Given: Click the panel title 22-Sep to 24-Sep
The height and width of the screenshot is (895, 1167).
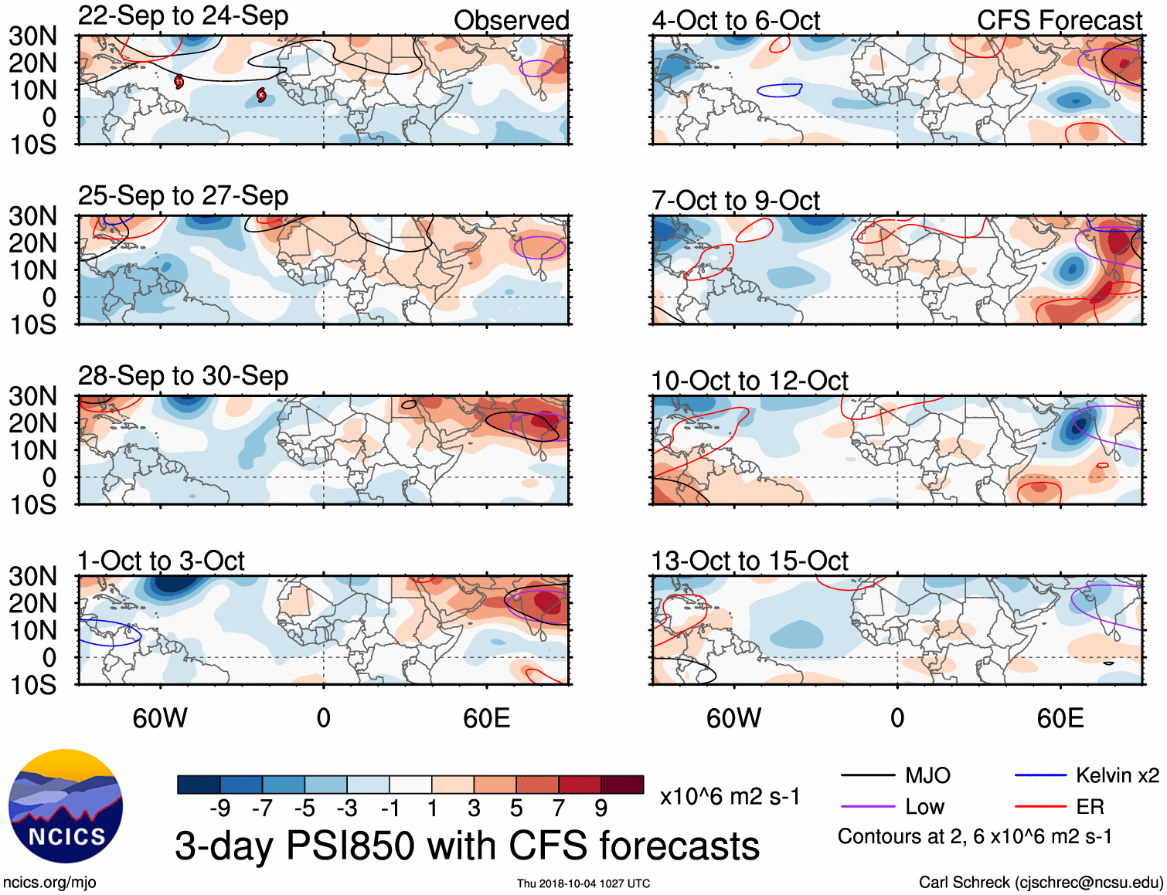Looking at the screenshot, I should pyautogui.click(x=183, y=16).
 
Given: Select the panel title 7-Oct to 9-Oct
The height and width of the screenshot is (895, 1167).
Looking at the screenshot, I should pyautogui.click(x=736, y=201).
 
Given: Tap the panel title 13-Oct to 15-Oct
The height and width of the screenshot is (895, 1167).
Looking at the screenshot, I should pyautogui.click(x=750, y=561).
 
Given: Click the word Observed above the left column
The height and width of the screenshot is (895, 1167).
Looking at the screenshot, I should pyautogui.click(x=511, y=21).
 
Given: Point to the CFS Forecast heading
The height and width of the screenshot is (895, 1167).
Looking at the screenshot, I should pyautogui.click(x=1059, y=21).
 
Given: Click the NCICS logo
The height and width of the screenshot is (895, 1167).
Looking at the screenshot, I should pyautogui.click(x=66, y=806).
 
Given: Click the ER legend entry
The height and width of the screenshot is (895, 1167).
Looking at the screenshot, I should pyautogui.click(x=1090, y=807).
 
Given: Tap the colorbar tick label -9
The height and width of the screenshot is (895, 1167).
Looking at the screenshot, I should pyautogui.click(x=220, y=809).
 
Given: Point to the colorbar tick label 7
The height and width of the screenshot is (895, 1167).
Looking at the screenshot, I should pyautogui.click(x=559, y=809).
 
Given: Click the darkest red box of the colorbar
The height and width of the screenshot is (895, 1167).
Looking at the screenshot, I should pyautogui.click(x=622, y=785).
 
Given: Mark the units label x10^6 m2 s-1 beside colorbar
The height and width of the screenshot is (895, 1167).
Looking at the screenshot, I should pyautogui.click(x=730, y=796).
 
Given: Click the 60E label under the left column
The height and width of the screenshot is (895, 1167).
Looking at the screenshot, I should pyautogui.click(x=486, y=718).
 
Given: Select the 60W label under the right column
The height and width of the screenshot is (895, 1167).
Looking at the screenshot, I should pyautogui.click(x=733, y=718).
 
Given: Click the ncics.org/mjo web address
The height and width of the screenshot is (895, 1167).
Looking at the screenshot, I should pyautogui.click(x=49, y=882).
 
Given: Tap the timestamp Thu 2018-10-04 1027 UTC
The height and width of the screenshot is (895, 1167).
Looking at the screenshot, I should pyautogui.click(x=583, y=883).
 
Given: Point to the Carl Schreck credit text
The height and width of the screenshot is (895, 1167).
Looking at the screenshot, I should pyautogui.click(x=1040, y=882).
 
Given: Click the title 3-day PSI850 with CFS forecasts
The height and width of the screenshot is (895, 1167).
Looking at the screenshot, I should pyautogui.click(x=467, y=846).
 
